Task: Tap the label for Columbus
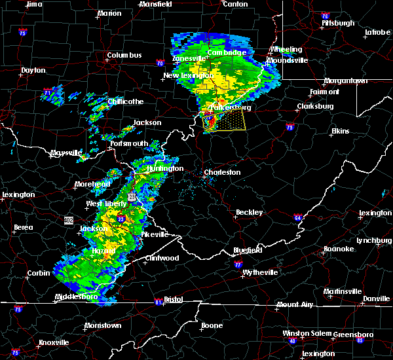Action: tap(124, 56)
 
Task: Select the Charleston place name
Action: tap(222, 173)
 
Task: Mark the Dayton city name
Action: tap(33, 70)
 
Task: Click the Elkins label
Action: tap(340, 132)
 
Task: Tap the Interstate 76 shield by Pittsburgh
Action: tap(325, 15)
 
